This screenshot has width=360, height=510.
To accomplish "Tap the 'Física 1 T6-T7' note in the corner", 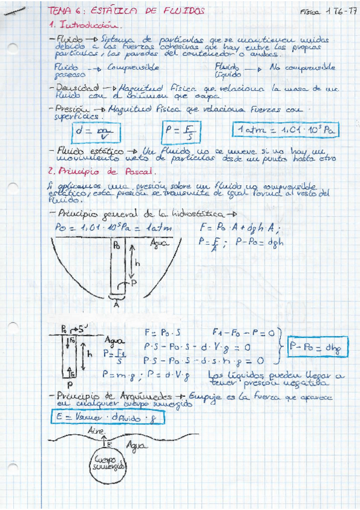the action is pos(325,11).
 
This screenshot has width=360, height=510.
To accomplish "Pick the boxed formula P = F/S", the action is pos(180,131).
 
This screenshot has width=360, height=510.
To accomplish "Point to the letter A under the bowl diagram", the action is pos(116,304).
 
